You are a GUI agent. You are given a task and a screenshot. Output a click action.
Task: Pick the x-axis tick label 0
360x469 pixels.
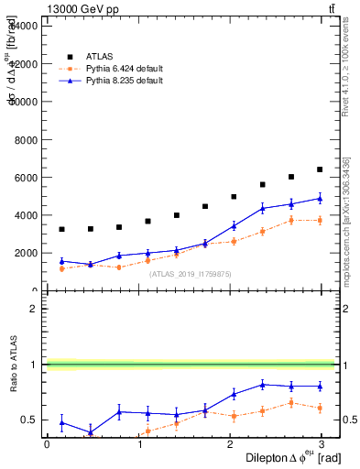click(47, 444)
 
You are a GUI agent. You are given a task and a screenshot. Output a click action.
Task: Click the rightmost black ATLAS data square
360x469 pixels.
click(320, 169)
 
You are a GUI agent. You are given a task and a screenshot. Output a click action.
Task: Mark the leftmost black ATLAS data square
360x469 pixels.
click(61, 229)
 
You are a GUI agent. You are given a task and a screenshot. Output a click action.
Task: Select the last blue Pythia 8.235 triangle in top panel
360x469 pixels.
click(320, 198)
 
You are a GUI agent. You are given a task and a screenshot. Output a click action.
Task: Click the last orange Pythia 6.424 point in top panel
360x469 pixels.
click(320, 220)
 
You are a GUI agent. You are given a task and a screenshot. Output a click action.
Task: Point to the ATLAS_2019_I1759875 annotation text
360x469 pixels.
click(191, 273)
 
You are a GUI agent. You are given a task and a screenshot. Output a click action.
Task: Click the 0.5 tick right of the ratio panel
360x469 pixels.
click(350, 420)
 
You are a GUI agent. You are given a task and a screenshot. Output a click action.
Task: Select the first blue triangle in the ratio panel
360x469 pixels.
click(61, 422)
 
